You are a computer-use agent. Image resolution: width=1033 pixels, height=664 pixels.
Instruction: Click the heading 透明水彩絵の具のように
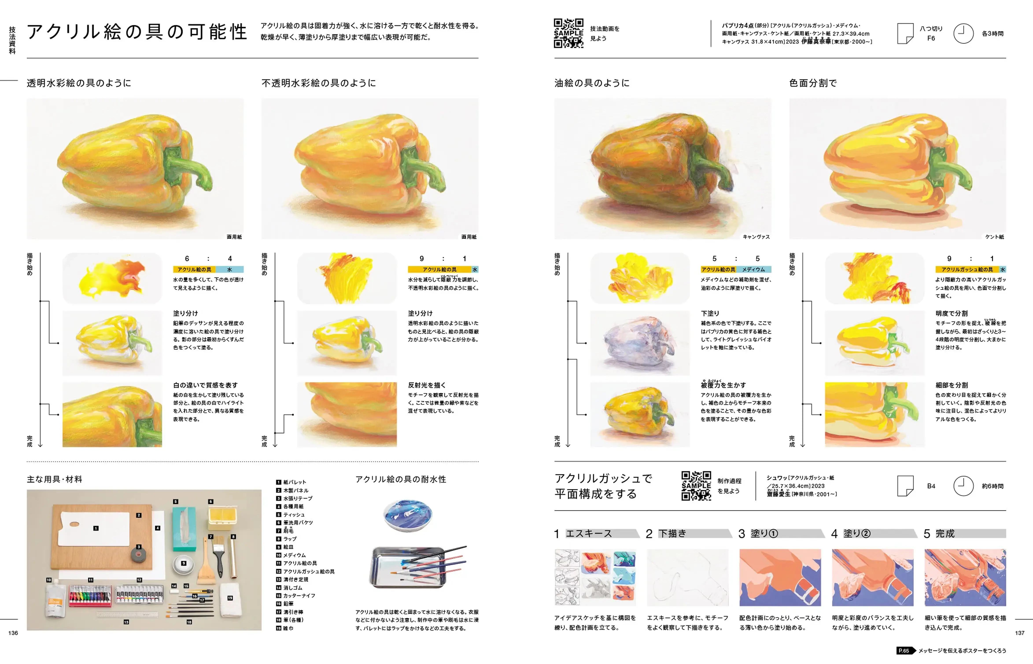[79, 83]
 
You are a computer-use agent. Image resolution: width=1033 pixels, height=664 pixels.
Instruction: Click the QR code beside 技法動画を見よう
[568, 33]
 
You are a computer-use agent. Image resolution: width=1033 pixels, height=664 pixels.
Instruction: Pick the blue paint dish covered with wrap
[408, 515]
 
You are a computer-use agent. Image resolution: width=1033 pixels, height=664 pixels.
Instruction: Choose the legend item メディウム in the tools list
[294, 555]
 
